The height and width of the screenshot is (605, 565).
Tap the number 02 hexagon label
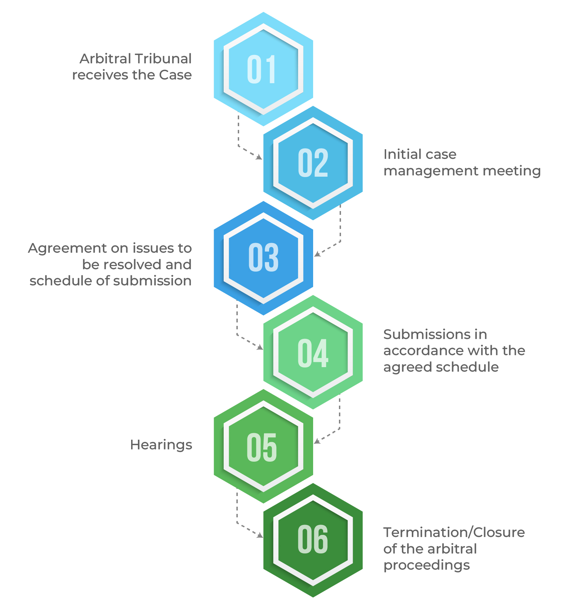point(313,163)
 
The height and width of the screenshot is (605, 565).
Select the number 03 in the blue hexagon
point(263,257)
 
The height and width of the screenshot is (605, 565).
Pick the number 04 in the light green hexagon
point(313,353)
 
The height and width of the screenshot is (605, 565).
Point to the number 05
point(262,447)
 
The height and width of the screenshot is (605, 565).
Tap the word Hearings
point(161,445)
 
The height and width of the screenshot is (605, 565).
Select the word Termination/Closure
point(454,532)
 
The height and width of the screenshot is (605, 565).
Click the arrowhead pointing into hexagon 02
point(259,157)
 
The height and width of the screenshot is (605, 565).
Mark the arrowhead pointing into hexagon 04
point(260,348)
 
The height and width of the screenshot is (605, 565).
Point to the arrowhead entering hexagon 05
point(317,441)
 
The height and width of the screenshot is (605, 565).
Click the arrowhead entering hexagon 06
point(260,535)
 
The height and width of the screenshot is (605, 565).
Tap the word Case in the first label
point(175,75)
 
